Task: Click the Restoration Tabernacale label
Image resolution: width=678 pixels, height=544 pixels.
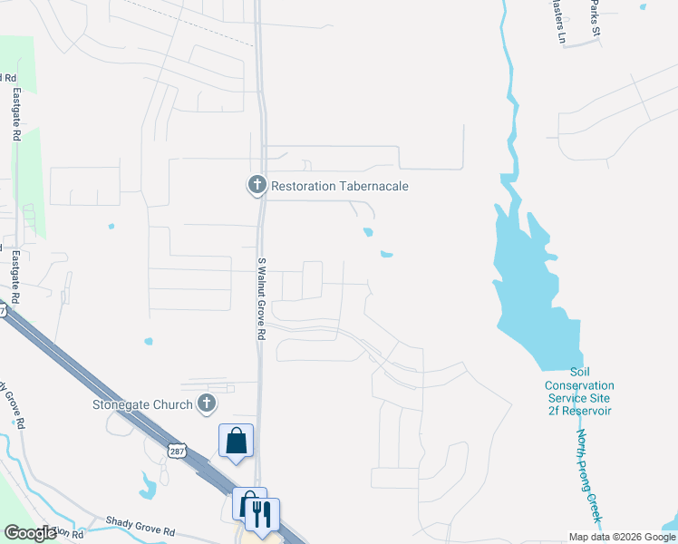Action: [x=340, y=186]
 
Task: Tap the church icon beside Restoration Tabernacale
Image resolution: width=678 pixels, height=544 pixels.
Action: [x=257, y=186]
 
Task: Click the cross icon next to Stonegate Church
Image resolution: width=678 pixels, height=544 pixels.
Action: [x=207, y=404]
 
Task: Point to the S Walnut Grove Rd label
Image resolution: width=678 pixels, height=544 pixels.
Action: [x=261, y=298]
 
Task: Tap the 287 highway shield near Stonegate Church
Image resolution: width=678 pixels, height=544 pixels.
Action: [x=176, y=452]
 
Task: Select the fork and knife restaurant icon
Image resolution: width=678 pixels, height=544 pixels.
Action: [x=262, y=514]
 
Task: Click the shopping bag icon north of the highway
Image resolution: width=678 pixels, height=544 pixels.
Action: [x=236, y=441]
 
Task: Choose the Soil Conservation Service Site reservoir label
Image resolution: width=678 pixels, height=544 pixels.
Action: [x=579, y=392]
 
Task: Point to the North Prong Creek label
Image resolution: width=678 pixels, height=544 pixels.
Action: [x=587, y=473]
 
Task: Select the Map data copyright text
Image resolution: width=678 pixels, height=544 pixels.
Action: [x=622, y=537]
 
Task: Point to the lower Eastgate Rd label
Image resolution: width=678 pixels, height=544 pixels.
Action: [x=15, y=272]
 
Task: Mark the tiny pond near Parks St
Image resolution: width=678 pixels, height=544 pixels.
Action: [x=643, y=6]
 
